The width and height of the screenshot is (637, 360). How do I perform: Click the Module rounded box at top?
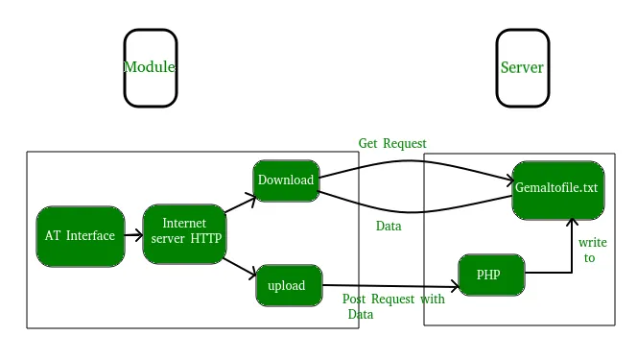[151, 67]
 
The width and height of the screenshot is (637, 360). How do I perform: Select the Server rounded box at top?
[522, 67]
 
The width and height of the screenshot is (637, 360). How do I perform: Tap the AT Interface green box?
[81, 236]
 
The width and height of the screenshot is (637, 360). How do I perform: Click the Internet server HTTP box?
[184, 234]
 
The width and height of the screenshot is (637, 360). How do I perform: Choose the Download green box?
[286, 180]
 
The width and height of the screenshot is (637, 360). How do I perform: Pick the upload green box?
[288, 285]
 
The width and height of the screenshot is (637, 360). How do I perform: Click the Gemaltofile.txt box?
[557, 189]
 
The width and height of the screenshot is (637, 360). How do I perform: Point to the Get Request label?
[392, 144]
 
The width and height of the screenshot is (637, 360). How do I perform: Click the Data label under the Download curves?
[389, 226]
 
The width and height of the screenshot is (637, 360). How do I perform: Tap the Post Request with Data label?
[393, 305]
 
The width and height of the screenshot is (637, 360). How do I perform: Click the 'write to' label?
[592, 251]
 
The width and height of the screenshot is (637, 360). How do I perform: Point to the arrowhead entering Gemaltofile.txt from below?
[572, 224]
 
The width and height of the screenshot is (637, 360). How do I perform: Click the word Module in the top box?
[150, 67]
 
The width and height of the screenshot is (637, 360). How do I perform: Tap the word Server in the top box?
[522, 68]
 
